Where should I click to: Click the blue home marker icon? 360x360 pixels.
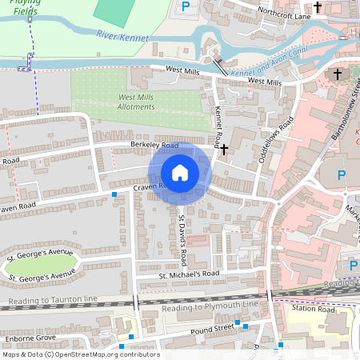(x=180, y=173)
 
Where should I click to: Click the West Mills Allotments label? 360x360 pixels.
(x=130, y=102)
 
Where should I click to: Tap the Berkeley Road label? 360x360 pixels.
(x=154, y=146)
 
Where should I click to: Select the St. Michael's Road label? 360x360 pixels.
(x=188, y=274)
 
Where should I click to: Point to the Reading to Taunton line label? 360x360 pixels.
(x=52, y=298)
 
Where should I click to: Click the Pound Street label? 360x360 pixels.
(x=212, y=328)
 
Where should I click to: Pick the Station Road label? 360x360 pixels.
(x=313, y=308)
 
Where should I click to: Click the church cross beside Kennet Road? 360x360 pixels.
(x=225, y=149)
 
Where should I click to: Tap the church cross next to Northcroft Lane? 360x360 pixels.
(x=318, y=7)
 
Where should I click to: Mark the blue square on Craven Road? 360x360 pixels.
(x=114, y=194)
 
